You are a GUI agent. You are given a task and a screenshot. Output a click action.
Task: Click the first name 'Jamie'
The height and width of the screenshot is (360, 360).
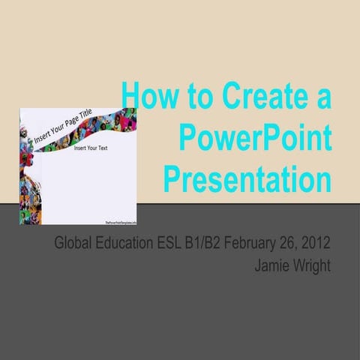pyautogui.click(x=274, y=265)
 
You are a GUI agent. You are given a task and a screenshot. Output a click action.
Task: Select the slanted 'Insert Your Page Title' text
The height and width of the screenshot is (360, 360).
pyautogui.click(x=72, y=130)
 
